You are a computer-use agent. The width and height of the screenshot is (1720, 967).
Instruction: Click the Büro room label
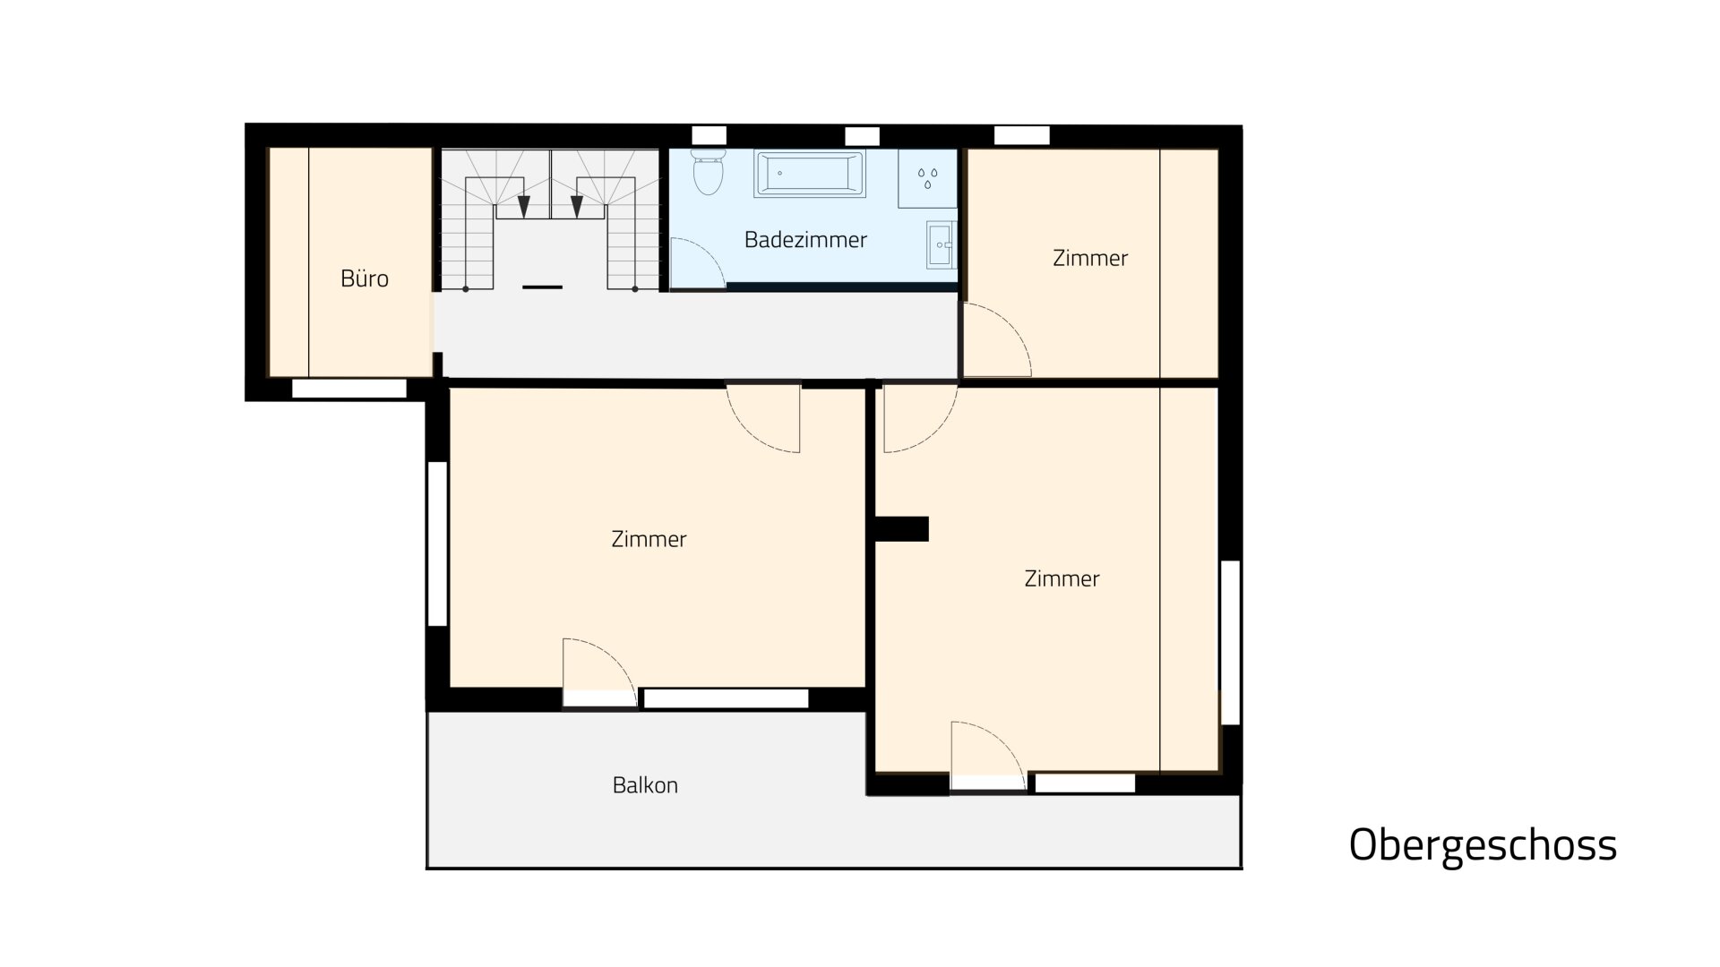365,278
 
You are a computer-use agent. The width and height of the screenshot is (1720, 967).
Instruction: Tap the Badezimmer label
805,240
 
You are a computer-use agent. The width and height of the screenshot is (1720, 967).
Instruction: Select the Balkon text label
645,785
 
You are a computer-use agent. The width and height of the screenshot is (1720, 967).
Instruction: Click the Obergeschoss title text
1483,844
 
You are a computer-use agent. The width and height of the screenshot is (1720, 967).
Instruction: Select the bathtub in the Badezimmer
811,173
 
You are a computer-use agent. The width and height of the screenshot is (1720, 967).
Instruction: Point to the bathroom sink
941,244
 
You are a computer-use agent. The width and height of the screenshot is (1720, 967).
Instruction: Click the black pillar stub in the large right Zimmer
901,529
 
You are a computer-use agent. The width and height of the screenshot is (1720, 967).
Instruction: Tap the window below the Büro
349,389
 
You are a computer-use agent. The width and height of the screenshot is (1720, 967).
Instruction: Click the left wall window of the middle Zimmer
437,543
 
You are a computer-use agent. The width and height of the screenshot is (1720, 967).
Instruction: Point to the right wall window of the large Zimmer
1230,642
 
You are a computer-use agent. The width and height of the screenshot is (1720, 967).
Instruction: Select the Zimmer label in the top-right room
1090,258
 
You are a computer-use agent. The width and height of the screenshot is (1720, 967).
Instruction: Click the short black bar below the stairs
542,287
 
